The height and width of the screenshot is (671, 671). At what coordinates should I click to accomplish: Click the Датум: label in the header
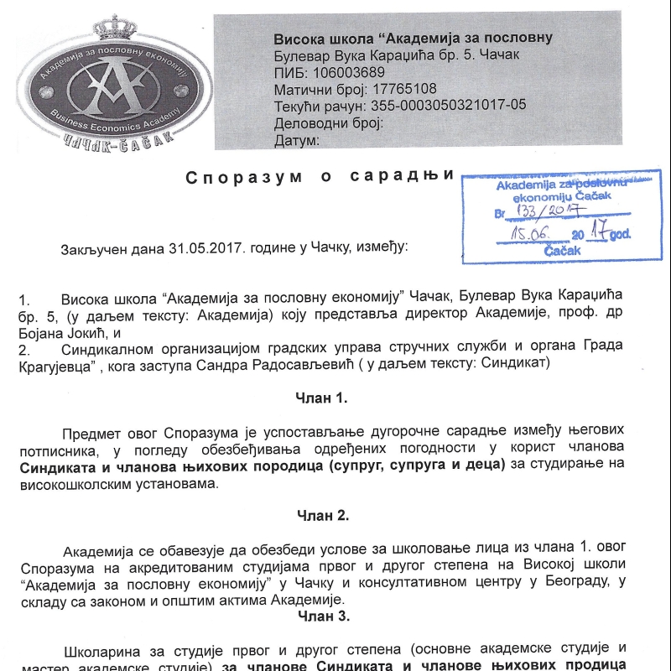click(x=297, y=140)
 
